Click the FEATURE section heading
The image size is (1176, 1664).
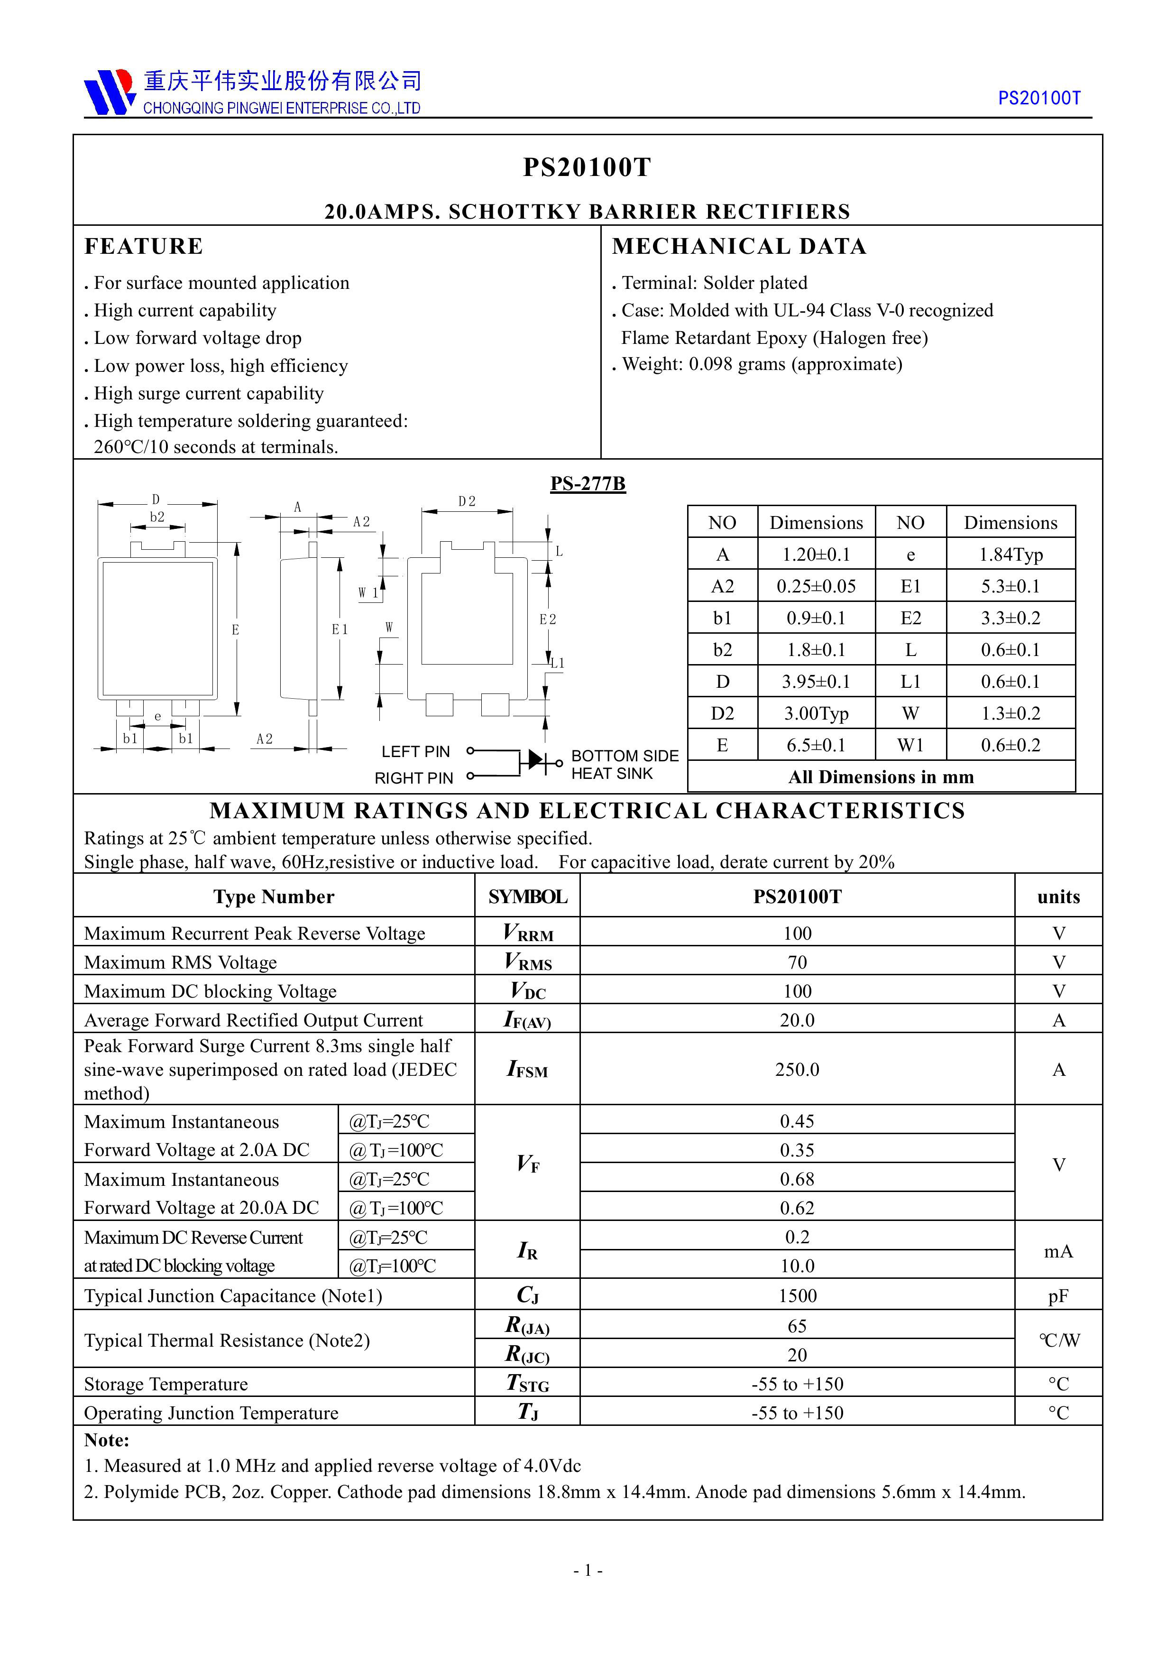click(144, 246)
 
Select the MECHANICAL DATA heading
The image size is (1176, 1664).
click(739, 246)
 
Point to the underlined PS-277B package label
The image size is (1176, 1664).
click(588, 483)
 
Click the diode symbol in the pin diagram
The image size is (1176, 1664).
click(537, 760)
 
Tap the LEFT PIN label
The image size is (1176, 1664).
click(415, 751)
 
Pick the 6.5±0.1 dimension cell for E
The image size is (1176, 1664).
click(816, 745)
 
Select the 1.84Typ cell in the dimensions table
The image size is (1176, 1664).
click(1011, 555)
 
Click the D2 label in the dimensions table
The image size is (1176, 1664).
click(722, 713)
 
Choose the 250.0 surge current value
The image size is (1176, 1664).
click(797, 1070)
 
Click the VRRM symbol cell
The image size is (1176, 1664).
click(527, 933)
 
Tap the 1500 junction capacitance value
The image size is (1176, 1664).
click(797, 1296)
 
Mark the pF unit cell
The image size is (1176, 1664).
click(1058, 1296)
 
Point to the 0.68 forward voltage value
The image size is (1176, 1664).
click(797, 1179)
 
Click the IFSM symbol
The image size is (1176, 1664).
click(527, 1070)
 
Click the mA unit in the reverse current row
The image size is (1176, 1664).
click(1058, 1252)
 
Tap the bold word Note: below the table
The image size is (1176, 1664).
click(107, 1440)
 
